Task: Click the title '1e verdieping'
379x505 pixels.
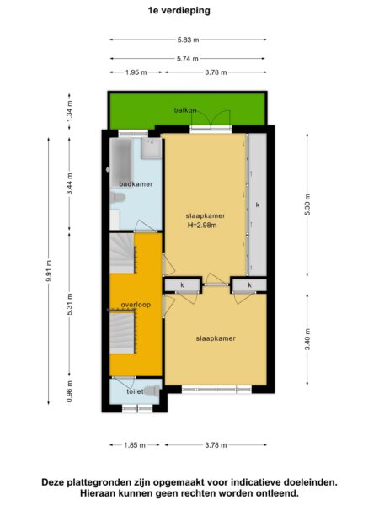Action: pyautogui.click(x=179, y=11)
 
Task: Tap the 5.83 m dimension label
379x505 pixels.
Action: pyautogui.click(x=188, y=40)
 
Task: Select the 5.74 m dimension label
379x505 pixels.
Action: pyautogui.click(x=188, y=59)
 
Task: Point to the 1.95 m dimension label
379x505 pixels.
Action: pyautogui.click(x=136, y=72)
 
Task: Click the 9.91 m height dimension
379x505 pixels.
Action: pyautogui.click(x=49, y=270)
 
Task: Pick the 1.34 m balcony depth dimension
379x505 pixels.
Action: pyautogui.click(x=70, y=111)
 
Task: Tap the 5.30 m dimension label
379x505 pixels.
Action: pyautogui.click(x=307, y=205)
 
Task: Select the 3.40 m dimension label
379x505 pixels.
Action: pyautogui.click(x=307, y=339)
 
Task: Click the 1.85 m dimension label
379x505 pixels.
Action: pyautogui.click(x=135, y=445)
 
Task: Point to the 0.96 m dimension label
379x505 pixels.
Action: pyautogui.click(x=70, y=391)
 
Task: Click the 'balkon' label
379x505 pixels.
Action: pyautogui.click(x=185, y=110)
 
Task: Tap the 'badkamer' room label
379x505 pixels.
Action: pyautogui.click(x=136, y=184)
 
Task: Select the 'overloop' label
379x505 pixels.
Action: pyautogui.click(x=136, y=305)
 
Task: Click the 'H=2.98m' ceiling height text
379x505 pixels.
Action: pyautogui.click(x=202, y=226)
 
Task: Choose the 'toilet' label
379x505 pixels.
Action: pyautogui.click(x=135, y=391)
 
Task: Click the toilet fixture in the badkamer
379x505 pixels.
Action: pyautogui.click(x=117, y=198)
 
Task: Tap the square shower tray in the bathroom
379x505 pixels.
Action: pyautogui.click(x=151, y=148)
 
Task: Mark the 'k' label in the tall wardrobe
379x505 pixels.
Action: pyautogui.click(x=258, y=205)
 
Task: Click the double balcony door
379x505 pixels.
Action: pyautogui.click(x=211, y=120)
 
